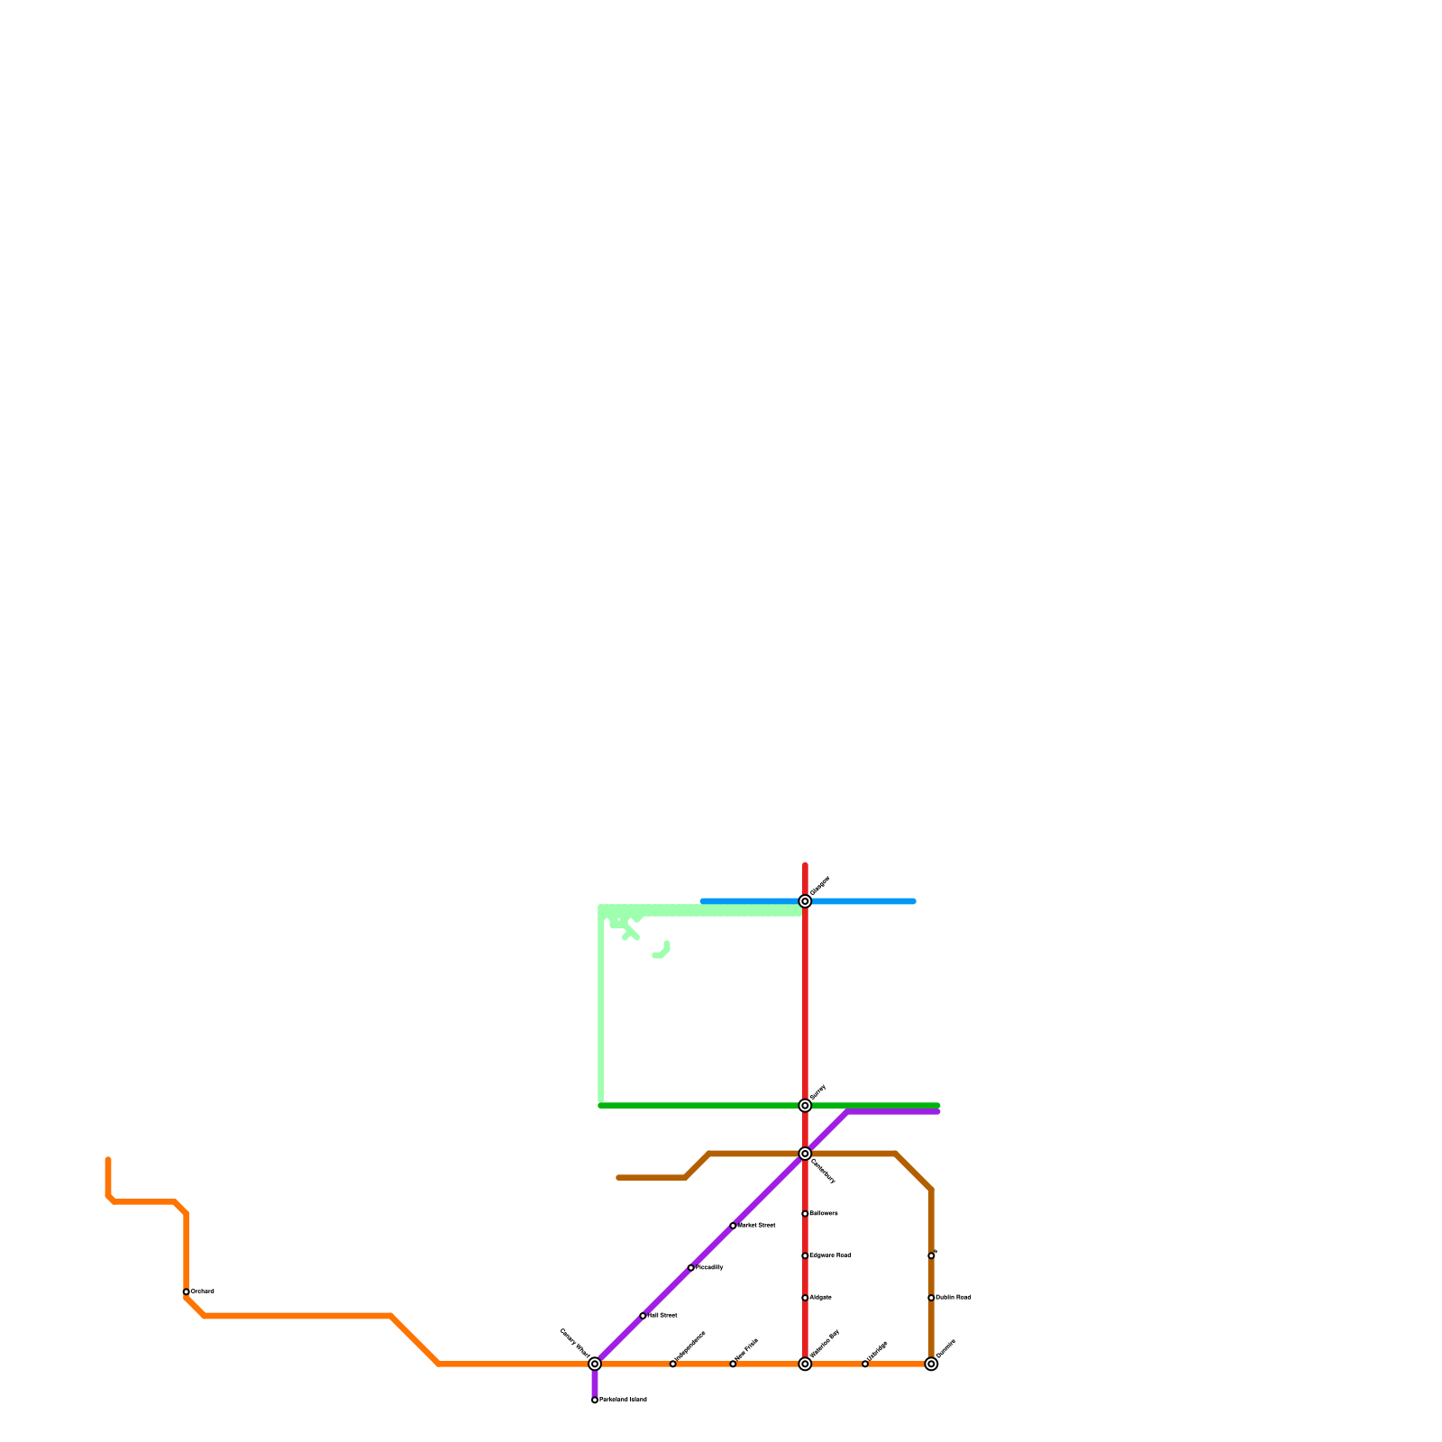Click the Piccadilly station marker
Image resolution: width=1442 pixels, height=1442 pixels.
(x=690, y=1267)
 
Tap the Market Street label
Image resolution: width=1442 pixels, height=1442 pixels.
(x=757, y=1226)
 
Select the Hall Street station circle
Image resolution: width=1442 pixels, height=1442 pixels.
(x=643, y=1316)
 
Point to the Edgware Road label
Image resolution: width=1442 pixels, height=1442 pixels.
(x=831, y=1255)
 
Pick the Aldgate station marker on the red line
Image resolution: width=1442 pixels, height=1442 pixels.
(x=805, y=1298)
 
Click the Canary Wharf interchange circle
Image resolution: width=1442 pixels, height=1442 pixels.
(x=595, y=1364)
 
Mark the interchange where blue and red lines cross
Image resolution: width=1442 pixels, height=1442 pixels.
(x=805, y=901)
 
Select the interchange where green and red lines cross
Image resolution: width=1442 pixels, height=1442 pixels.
(x=805, y=1106)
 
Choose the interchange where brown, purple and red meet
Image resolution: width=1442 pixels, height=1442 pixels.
(x=805, y=1154)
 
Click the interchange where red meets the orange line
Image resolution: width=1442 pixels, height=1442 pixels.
(x=805, y=1364)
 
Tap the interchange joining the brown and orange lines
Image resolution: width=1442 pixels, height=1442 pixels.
(x=931, y=1364)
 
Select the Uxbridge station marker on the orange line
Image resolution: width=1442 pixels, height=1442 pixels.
(x=865, y=1364)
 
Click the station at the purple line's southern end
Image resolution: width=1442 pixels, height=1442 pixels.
(x=595, y=1400)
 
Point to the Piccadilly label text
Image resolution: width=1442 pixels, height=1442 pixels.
(x=710, y=1267)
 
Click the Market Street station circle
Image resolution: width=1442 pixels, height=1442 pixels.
(x=733, y=1226)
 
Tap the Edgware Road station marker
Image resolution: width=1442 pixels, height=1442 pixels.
(x=805, y=1255)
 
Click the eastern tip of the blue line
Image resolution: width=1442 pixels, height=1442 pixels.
(x=913, y=901)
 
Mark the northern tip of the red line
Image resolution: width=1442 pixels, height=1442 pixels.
(x=805, y=865)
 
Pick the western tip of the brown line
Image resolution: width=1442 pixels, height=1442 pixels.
(x=619, y=1177)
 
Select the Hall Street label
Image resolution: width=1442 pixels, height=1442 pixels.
(x=663, y=1316)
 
